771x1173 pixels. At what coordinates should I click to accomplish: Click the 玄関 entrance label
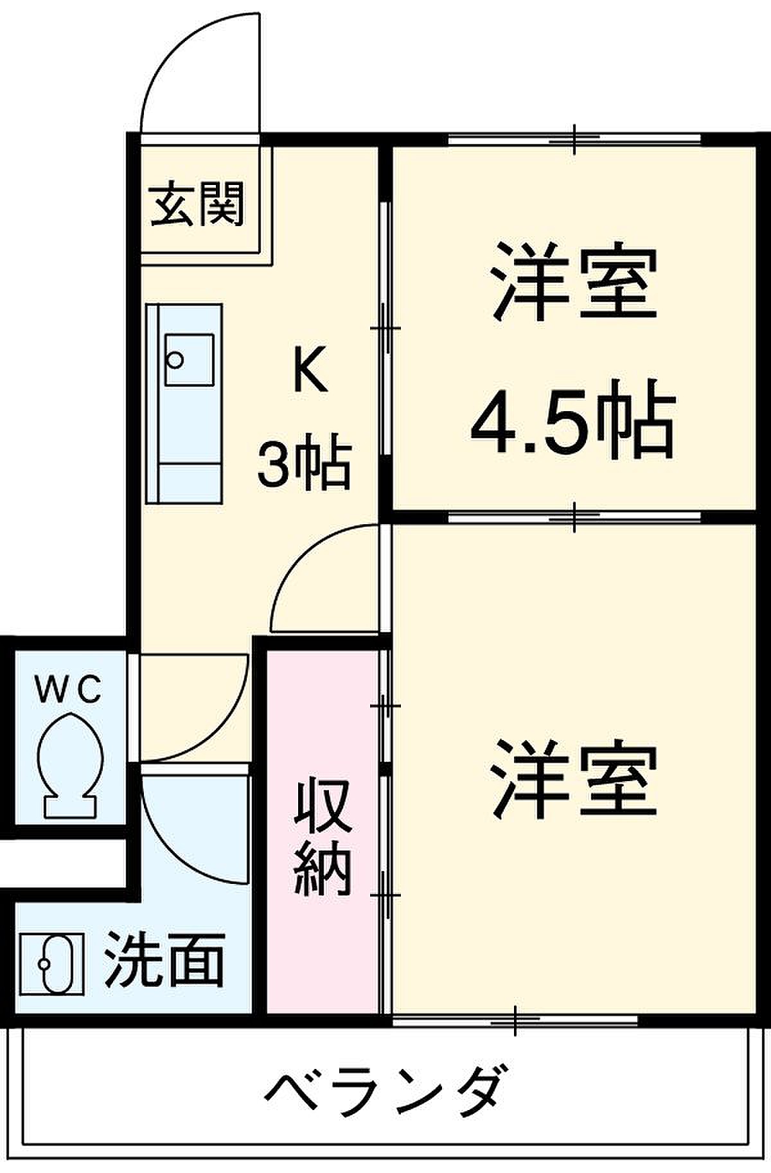tap(197, 204)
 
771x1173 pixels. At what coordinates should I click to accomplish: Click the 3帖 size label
tap(304, 461)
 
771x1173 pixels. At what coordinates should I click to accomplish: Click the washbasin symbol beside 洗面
tap(51, 964)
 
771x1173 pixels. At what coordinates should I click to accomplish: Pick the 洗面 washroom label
tap(164, 960)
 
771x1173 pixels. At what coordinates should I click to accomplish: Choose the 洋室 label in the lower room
tap(574, 779)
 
